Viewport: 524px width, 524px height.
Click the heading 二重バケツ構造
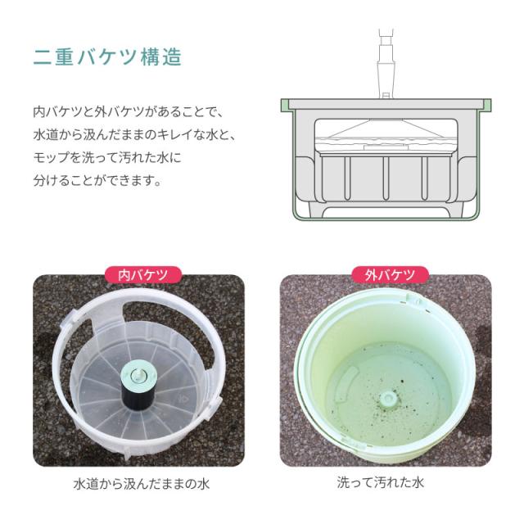pos(106,57)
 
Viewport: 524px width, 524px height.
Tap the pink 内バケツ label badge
pos(138,275)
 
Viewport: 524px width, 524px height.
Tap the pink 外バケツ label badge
pos(385,275)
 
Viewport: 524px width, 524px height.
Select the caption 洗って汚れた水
pos(384,483)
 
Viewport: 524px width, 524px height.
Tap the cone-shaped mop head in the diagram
pos(385,129)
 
